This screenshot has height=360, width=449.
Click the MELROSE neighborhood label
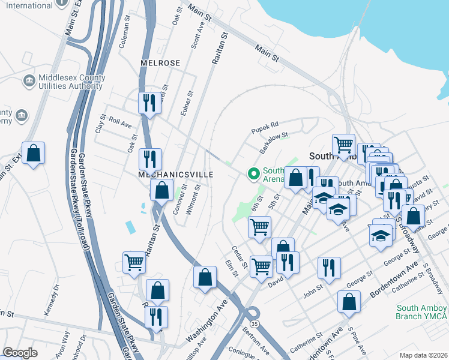pyautogui.click(x=160, y=63)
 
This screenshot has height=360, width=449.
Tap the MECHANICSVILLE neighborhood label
pyautogui.click(x=158, y=174)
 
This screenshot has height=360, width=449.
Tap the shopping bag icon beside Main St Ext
pyautogui.click(x=34, y=154)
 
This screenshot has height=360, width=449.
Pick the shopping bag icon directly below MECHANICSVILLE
pyautogui.click(x=162, y=191)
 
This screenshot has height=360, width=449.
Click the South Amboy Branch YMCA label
pyautogui.click(x=422, y=312)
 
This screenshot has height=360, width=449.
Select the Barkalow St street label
pyautogui.click(x=274, y=142)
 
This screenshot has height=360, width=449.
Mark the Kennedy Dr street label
pyautogui.click(x=52, y=305)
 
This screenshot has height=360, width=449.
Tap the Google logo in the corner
pyautogui.click(x=20, y=353)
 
